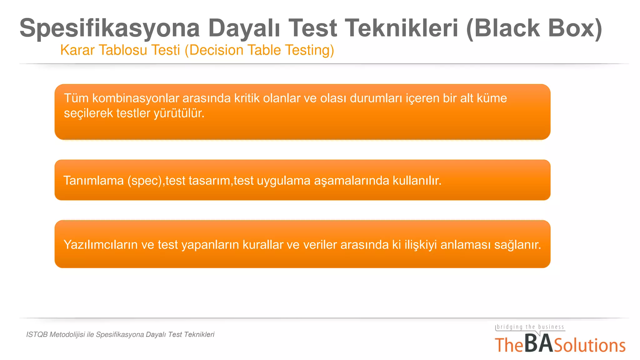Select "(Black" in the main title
coord(503,28)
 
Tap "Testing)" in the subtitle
coord(309,50)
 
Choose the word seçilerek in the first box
coord(88,113)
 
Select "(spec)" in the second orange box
coord(145,181)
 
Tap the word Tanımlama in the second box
coord(93,181)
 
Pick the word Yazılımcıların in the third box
coord(101,245)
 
